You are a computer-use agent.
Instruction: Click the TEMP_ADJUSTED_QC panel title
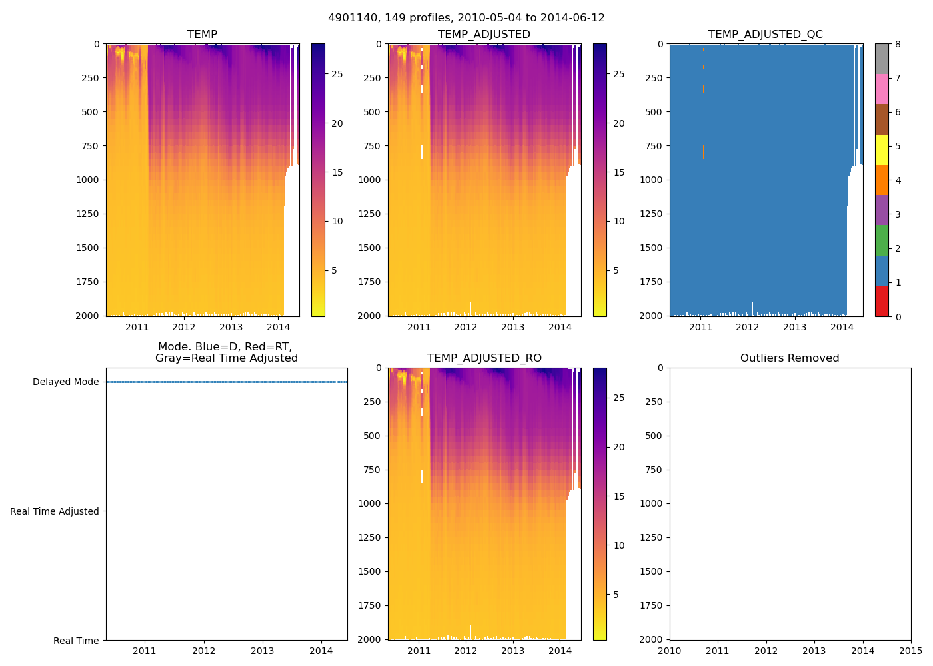pos(765,34)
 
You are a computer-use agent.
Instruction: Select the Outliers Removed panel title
pos(790,358)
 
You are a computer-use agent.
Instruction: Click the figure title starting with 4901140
pos(467,18)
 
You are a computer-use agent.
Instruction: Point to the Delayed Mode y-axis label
pos(65,382)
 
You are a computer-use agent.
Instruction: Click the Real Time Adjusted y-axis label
pos(54,511)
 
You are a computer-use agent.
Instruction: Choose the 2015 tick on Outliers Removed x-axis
pos(911,651)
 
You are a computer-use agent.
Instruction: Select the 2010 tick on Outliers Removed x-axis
pos(670,651)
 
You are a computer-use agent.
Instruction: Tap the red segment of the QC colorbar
pos(882,301)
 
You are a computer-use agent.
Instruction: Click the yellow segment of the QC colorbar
pos(882,149)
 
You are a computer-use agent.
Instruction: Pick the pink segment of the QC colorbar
pos(882,89)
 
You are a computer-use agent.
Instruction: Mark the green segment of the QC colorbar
pos(882,240)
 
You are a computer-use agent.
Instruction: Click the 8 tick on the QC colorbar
pos(898,44)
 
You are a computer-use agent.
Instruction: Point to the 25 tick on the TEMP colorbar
pos(337,74)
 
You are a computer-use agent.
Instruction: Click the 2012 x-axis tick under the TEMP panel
pos(184,327)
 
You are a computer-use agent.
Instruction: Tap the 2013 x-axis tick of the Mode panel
pos(262,651)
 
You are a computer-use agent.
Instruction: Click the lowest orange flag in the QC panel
pos(703,153)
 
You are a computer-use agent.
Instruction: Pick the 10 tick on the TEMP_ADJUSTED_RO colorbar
pos(619,545)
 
